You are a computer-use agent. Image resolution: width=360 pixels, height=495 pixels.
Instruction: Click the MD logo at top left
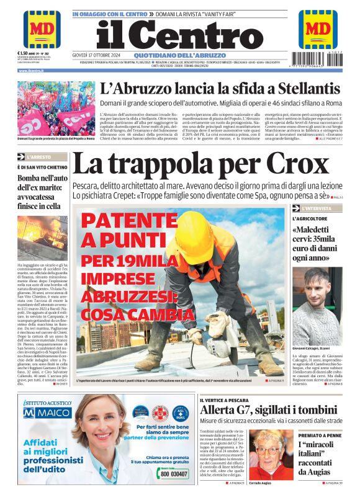tap(42, 29)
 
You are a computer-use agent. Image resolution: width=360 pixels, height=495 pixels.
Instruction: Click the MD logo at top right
tap(318, 29)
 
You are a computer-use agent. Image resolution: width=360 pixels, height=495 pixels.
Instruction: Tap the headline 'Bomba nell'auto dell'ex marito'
tap(38, 192)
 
